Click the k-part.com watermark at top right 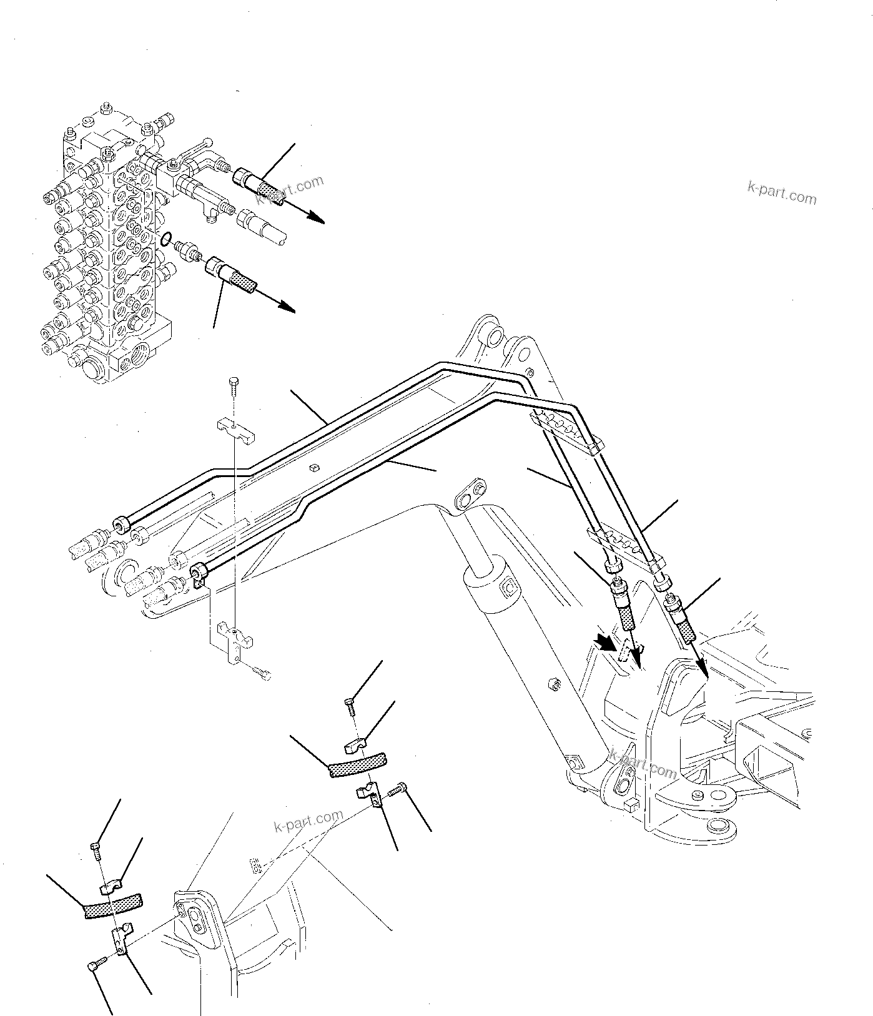[781, 193]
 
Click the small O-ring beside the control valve [165, 239]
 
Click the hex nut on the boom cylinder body [551, 684]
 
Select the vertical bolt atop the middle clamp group [350, 706]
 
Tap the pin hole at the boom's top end [493, 337]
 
